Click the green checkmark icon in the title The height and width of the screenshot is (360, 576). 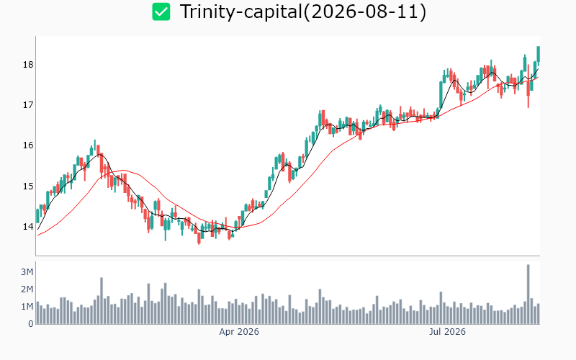(161, 12)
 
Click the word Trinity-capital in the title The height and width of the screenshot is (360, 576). (241, 12)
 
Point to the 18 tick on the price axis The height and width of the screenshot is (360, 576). (28, 65)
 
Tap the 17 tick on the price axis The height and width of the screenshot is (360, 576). (28, 105)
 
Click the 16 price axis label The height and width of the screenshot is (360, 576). (28, 146)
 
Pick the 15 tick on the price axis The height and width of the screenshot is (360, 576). (28, 186)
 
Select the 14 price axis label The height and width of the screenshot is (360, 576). (28, 227)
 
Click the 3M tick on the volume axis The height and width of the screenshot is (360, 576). (27, 272)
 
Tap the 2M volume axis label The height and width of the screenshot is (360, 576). (27, 289)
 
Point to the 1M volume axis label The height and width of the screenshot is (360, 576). (27, 307)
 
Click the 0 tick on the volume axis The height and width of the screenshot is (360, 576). (31, 323)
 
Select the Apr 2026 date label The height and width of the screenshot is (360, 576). (239, 332)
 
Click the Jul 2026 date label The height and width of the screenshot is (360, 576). (447, 332)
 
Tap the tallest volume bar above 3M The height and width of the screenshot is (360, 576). (528, 294)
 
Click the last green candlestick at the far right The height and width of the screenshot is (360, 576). (538, 55)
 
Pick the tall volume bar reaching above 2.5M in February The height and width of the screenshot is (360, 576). (102, 301)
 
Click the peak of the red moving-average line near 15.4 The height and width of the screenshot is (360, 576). (123, 170)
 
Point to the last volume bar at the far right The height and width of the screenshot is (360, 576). (538, 314)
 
